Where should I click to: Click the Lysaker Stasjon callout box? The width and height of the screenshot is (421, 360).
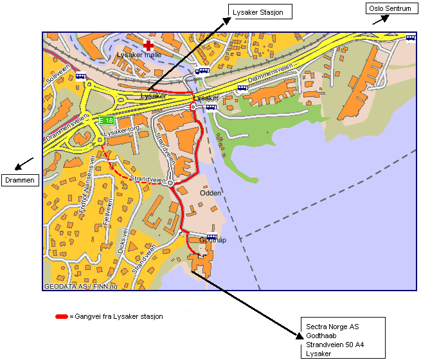(x=260, y=11)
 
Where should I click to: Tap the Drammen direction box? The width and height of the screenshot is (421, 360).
(x=19, y=180)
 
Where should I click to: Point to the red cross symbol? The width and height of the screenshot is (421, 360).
(x=149, y=45)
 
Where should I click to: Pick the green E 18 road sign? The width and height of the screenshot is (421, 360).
(x=106, y=120)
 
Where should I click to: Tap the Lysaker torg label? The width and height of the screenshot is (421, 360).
(x=121, y=132)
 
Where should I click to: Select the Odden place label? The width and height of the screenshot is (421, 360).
(x=210, y=193)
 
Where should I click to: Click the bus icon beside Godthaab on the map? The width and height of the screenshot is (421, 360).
(x=211, y=237)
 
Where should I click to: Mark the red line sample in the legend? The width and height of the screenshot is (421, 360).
(x=62, y=316)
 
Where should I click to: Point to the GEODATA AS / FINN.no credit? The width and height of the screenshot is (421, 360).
(x=81, y=286)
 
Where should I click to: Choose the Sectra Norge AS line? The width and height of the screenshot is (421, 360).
(x=332, y=327)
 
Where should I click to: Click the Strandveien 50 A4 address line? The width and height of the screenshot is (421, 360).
(x=335, y=345)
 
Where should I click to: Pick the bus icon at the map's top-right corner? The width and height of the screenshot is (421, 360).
(x=410, y=38)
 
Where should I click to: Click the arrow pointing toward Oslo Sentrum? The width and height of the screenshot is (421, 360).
(x=381, y=19)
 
